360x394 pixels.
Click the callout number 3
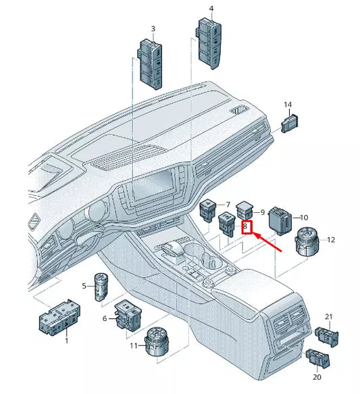pyautogui.click(x=153, y=29)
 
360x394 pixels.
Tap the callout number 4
pyautogui.click(x=211, y=9)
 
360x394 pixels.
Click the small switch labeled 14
pyautogui.click(x=290, y=123)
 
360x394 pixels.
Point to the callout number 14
pyautogui.click(x=288, y=105)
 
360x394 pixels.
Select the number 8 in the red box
pyautogui.click(x=247, y=228)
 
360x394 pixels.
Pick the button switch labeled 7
pyautogui.click(x=208, y=210)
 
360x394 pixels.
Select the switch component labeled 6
pyautogui.click(x=127, y=314)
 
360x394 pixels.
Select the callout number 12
pyautogui.click(x=331, y=240)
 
